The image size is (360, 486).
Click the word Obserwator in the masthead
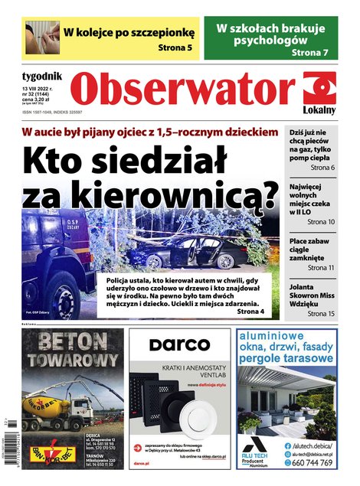(x=185, y=91)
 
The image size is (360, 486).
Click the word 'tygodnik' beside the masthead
(x=43, y=75)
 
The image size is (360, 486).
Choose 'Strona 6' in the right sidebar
(x=322, y=167)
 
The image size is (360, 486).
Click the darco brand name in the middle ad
(x=178, y=345)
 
